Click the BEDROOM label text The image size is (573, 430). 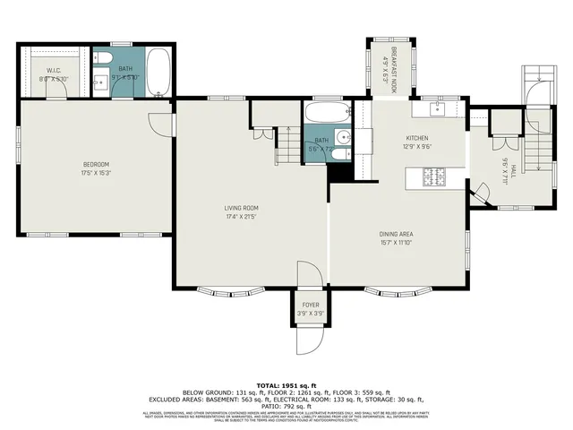point(96,164)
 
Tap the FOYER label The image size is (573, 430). point(310,305)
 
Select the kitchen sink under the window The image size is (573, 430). point(436,109)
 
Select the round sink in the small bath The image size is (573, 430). point(338,153)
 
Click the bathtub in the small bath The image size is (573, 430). point(328,115)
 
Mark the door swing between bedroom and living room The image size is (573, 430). point(161,124)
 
